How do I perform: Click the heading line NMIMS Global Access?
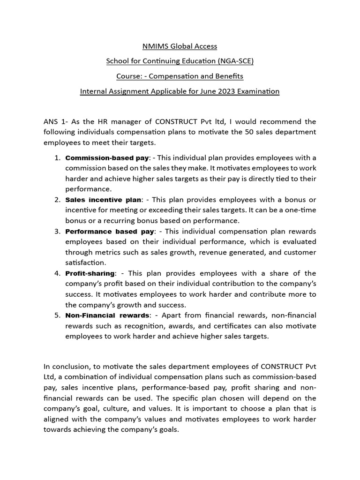[x=180, y=46]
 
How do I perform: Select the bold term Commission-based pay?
[x=107, y=157]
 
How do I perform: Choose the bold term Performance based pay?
[x=110, y=232]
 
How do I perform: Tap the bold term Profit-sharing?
[x=90, y=273]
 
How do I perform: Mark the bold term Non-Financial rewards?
[x=107, y=315]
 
